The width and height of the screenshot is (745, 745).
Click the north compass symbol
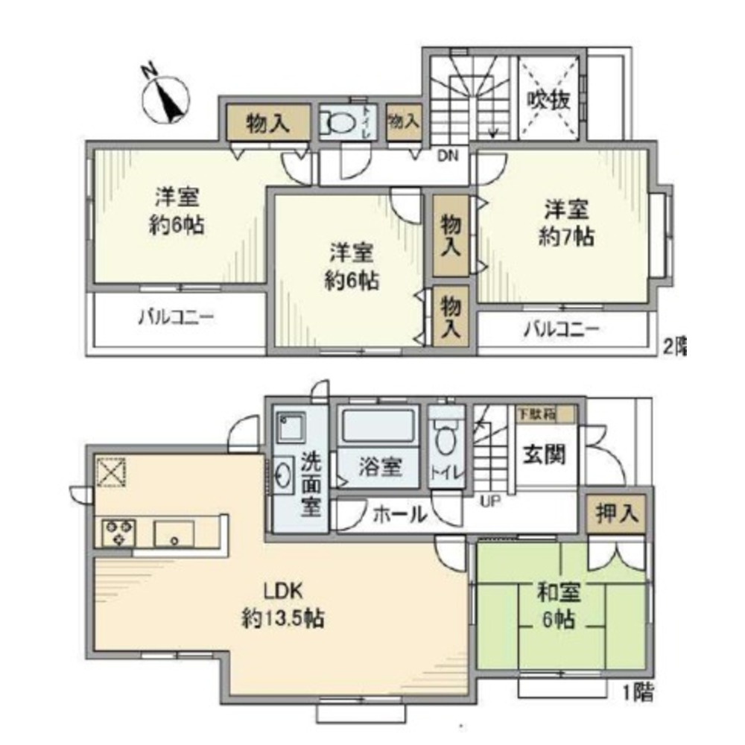pyautogui.click(x=169, y=98)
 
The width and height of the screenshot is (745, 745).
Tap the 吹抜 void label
pyautogui.click(x=550, y=99)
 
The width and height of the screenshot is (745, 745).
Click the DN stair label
pyautogui.click(x=448, y=156)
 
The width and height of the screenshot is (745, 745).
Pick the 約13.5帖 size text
pyautogui.click(x=282, y=618)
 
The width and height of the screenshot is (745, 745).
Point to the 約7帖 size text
pyautogui.click(x=566, y=236)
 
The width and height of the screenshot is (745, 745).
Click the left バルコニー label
pyautogui.click(x=177, y=318)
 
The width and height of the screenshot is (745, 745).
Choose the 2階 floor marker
pyautogui.click(x=674, y=346)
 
